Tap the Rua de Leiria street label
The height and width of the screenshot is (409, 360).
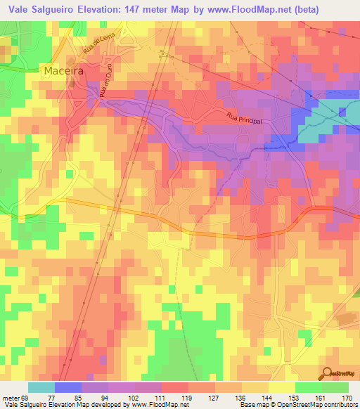tap(79, 48)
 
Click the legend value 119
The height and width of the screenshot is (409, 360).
tap(186, 398)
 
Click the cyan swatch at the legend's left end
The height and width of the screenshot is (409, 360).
tap(41, 387)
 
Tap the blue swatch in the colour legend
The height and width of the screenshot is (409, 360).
tap(67, 387)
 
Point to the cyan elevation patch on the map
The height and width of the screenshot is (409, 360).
tap(320, 130)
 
